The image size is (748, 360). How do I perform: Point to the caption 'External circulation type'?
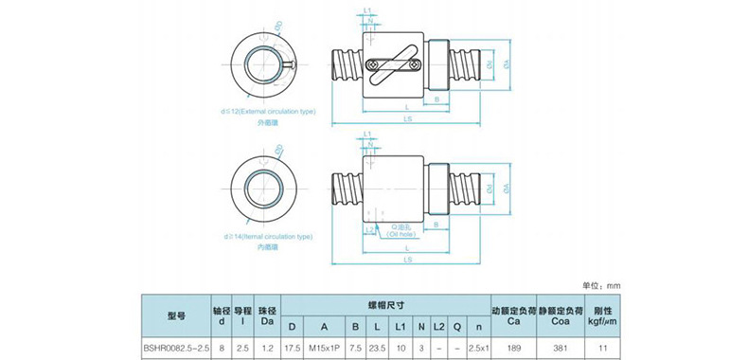pyautogui.click(x=270, y=111)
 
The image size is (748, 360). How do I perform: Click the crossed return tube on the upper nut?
pyautogui.click(x=390, y=61)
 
